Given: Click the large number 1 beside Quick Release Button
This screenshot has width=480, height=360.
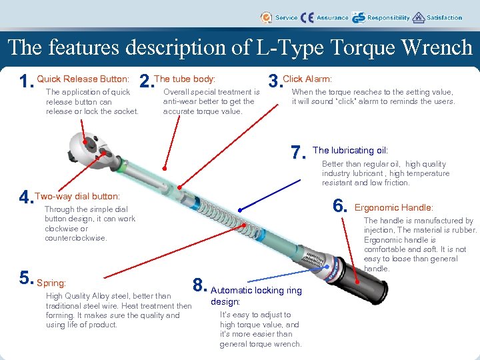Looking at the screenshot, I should (27, 82).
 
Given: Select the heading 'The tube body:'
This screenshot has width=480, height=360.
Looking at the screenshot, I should (185, 79).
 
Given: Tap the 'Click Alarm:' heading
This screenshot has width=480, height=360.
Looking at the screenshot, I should (307, 79).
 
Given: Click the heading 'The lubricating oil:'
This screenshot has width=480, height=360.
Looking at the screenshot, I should (350, 151).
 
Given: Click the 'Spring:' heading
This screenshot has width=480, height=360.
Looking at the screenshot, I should (51, 283).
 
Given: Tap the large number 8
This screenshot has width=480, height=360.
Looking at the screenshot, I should (199, 284).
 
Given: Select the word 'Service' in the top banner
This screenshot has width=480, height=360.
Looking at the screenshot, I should (286, 18).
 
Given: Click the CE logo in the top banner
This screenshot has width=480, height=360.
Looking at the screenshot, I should (307, 18).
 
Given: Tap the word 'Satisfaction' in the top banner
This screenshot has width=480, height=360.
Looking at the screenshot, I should (444, 18).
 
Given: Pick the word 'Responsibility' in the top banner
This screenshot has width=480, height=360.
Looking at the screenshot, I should (388, 18).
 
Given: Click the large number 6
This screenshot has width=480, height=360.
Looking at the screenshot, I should (341, 206).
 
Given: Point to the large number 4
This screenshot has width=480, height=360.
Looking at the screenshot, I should (26, 198).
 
